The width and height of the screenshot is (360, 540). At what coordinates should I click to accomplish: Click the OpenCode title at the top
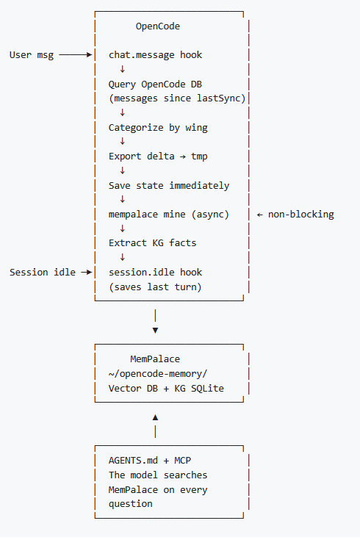tap(158, 26)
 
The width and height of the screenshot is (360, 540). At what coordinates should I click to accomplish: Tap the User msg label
tap(32, 55)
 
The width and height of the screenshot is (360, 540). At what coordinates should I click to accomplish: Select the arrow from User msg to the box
tap(76, 54)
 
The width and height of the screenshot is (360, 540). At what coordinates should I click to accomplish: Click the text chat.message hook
tap(155, 55)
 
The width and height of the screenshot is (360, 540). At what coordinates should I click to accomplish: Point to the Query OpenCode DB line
tap(155, 84)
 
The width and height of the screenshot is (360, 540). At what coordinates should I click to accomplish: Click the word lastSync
tap(218, 98)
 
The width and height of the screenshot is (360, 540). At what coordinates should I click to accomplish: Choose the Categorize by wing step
tap(158, 128)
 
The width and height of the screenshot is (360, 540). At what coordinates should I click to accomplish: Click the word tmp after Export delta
tap(199, 156)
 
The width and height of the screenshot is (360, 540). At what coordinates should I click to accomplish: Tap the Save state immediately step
tap(169, 186)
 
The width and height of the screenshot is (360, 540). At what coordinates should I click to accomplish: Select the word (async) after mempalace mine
tap(210, 215)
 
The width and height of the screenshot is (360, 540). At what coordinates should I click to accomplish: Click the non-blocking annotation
tap(300, 215)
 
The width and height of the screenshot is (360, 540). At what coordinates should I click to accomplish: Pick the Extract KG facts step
tap(152, 243)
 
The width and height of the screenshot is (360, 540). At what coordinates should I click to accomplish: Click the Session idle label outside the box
tap(43, 273)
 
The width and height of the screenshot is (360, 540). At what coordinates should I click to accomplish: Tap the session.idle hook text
tap(155, 273)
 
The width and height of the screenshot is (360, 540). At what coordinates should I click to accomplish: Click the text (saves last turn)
tap(155, 287)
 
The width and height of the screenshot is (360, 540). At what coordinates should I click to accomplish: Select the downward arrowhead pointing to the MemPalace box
tap(155, 331)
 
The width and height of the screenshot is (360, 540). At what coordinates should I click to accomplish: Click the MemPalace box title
tap(155, 359)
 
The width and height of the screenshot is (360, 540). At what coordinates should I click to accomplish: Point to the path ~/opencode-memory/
tap(158, 374)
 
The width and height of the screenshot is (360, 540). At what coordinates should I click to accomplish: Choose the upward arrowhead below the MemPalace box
tap(155, 417)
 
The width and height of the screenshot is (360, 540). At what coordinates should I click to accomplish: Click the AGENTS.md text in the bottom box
tap(133, 461)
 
